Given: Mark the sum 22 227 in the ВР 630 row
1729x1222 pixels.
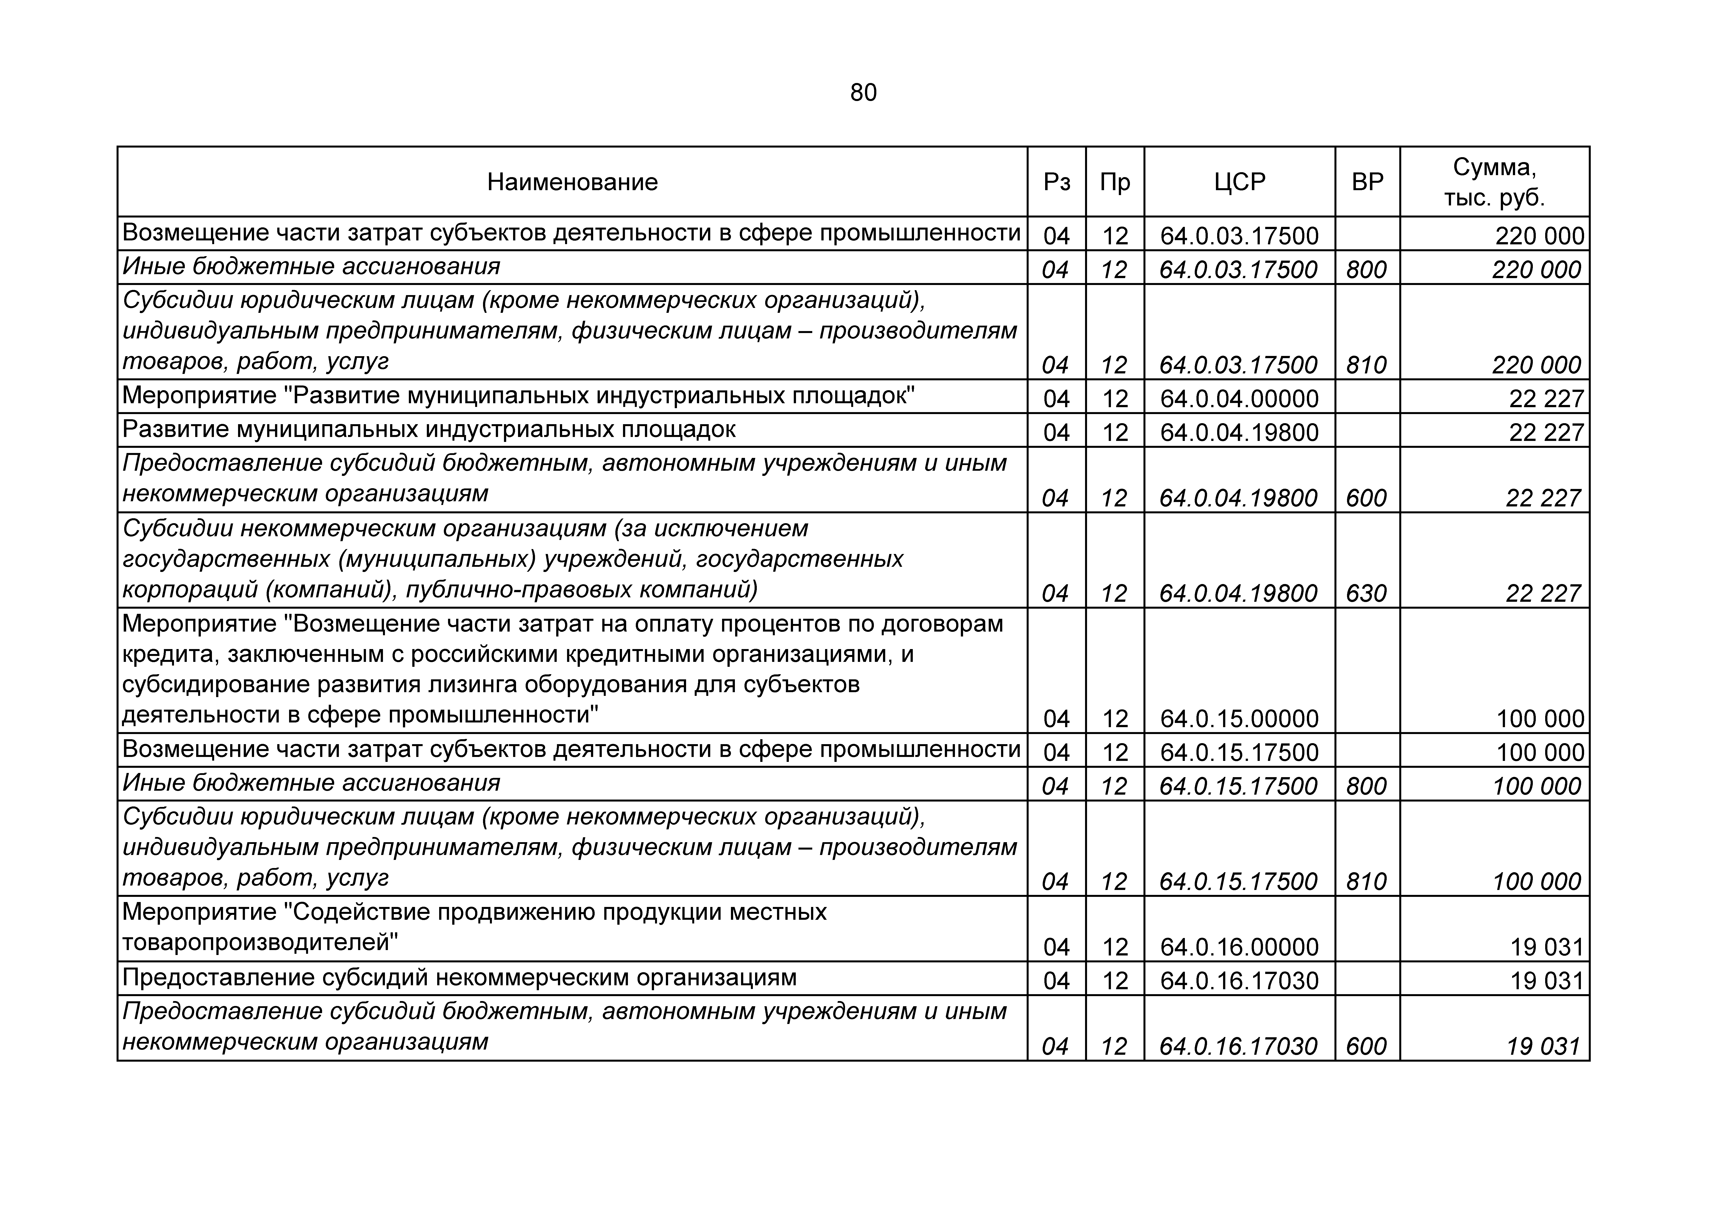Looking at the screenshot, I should pos(1543,593).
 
